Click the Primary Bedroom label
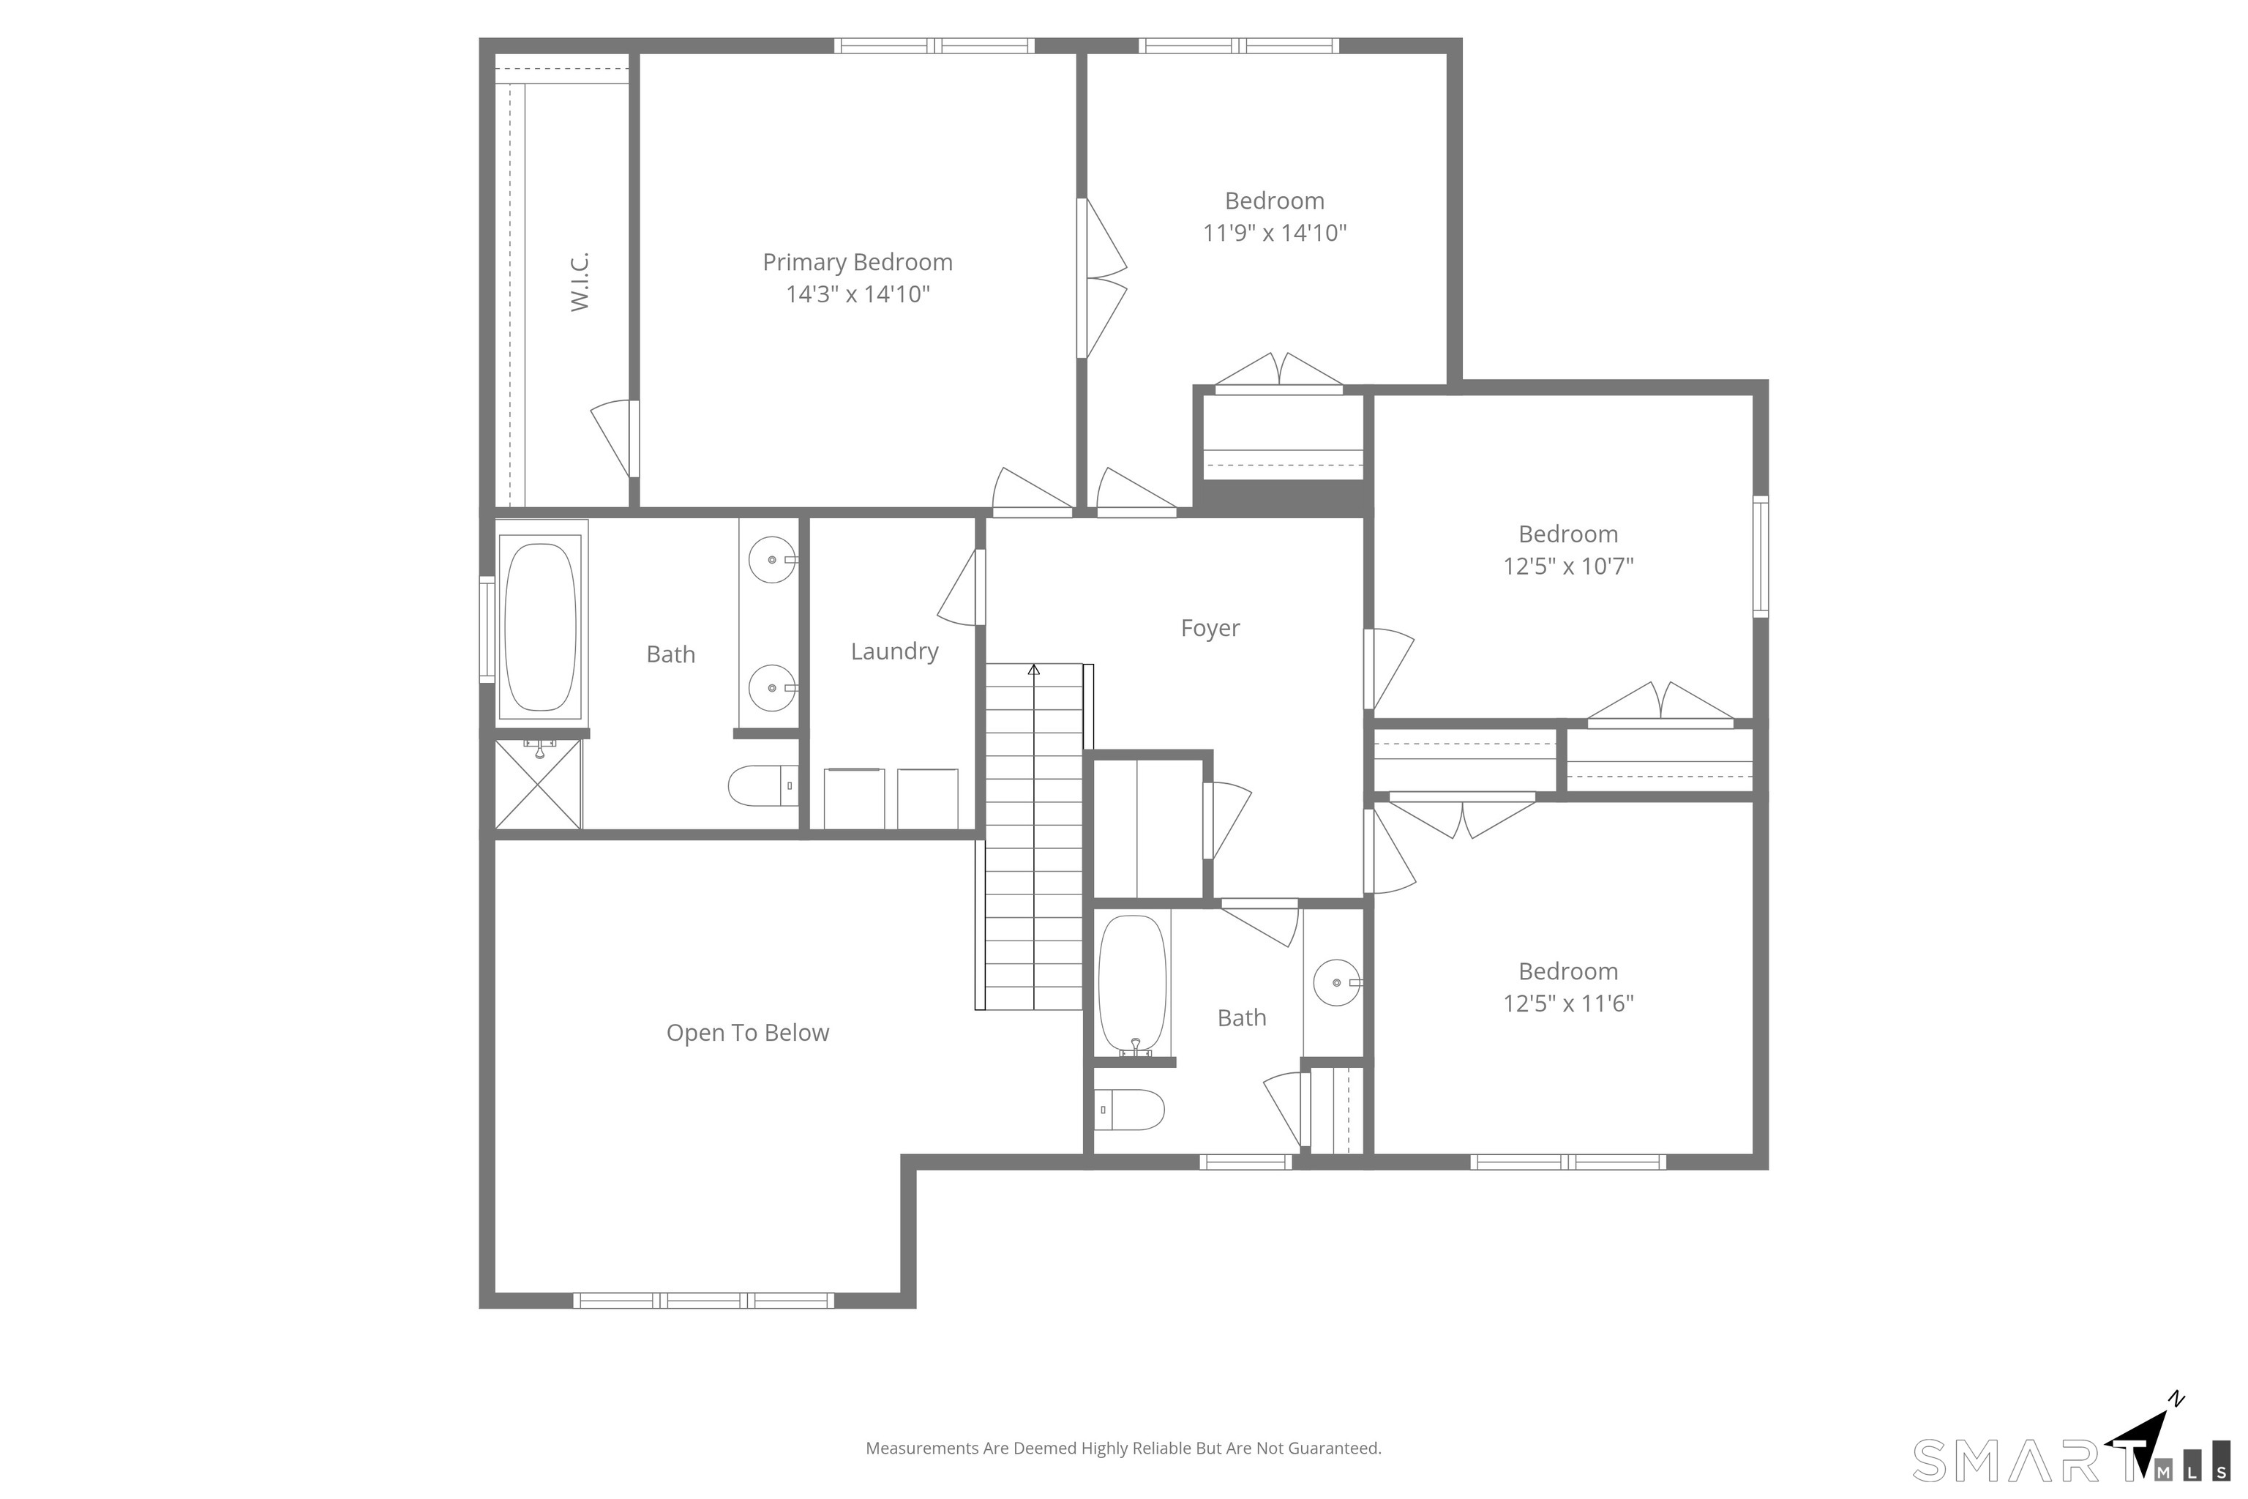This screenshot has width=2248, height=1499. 858,262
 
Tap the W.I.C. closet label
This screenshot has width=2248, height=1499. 580,282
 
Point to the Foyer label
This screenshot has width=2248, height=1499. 1210,628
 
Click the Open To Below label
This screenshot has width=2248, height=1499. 747,1033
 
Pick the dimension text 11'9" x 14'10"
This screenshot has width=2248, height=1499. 1274,232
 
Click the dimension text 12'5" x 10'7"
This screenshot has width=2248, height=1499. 1568,566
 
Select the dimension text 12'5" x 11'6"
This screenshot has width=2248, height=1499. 1568,1003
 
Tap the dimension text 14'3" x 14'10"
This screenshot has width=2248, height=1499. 858,294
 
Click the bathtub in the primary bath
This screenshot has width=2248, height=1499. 540,627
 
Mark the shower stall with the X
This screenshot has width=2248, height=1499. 538,784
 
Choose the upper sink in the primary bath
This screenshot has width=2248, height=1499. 772,559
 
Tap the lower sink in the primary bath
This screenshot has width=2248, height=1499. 772,688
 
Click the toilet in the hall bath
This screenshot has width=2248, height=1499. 1129,1110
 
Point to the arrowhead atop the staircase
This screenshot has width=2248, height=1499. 1033,670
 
